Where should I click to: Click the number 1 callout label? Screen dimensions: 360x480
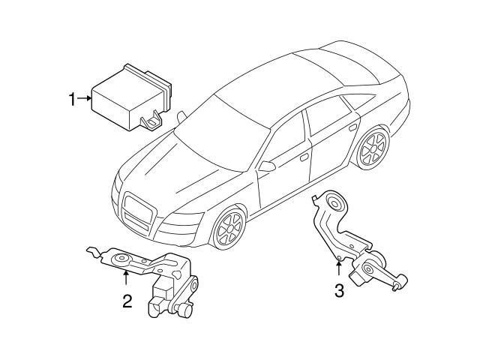click(73, 98)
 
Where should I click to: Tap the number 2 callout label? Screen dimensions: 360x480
click(127, 301)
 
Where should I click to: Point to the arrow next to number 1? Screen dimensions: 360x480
click(85, 98)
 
